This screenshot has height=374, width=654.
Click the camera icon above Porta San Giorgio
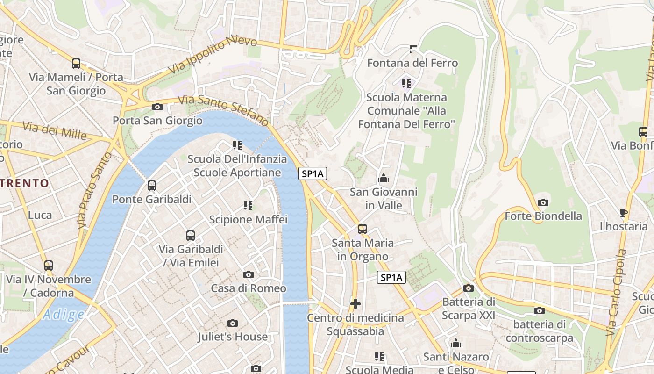click(157, 107)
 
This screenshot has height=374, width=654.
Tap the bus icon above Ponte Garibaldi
click(152, 186)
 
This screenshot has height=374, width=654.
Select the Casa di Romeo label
click(249, 288)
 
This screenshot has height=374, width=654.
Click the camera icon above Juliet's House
click(233, 323)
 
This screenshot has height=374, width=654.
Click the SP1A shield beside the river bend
click(313, 174)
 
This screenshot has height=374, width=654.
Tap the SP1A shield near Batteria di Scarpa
click(391, 278)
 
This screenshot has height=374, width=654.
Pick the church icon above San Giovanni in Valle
click(384, 178)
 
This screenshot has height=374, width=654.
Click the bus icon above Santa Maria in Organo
click(363, 229)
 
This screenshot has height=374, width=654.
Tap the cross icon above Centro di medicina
click(355, 304)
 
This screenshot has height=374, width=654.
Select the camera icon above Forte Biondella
click(543, 202)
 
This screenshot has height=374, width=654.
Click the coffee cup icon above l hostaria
click(624, 213)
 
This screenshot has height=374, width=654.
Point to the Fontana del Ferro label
click(412, 63)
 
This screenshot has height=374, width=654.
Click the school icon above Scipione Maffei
click(248, 205)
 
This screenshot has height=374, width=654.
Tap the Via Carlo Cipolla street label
click(617, 292)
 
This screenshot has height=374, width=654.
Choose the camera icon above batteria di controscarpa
click(540, 310)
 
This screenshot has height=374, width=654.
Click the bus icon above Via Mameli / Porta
click(76, 64)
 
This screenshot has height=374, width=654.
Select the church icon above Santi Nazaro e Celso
click(456, 344)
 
